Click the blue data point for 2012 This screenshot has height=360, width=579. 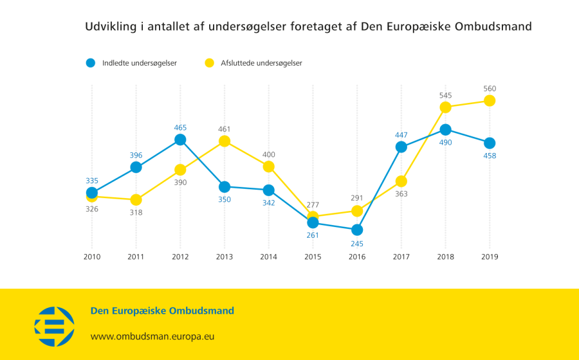pyautogui.click(x=180, y=139)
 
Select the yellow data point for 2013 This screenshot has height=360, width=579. pyautogui.click(x=225, y=141)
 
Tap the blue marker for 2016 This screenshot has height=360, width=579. pyautogui.click(x=357, y=230)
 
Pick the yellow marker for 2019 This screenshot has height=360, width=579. pyautogui.click(x=490, y=100)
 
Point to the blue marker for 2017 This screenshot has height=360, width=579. pyautogui.click(x=401, y=147)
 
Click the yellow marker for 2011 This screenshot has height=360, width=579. pyautogui.click(x=136, y=200)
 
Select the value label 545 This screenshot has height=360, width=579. pyautogui.click(x=445, y=95)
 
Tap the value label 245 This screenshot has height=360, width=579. pyautogui.click(x=357, y=244)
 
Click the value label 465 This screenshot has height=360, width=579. pyautogui.click(x=180, y=127)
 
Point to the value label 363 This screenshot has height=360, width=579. pyautogui.click(x=401, y=194)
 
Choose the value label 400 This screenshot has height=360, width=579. pyautogui.click(x=269, y=154)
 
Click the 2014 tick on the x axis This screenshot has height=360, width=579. pyautogui.click(x=269, y=256)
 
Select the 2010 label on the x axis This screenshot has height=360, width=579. pyautogui.click(x=92, y=256)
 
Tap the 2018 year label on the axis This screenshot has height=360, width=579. pyautogui.click(x=445, y=256)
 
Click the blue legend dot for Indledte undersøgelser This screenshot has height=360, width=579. pyautogui.click(x=91, y=63)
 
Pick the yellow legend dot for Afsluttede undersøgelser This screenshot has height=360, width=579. pyautogui.click(x=209, y=63)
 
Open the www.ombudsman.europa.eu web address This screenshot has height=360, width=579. pyautogui.click(x=152, y=336)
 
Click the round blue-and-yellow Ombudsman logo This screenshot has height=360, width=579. pyautogui.click(x=54, y=323)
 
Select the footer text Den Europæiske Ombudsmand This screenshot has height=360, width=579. pyautogui.click(x=162, y=311)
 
